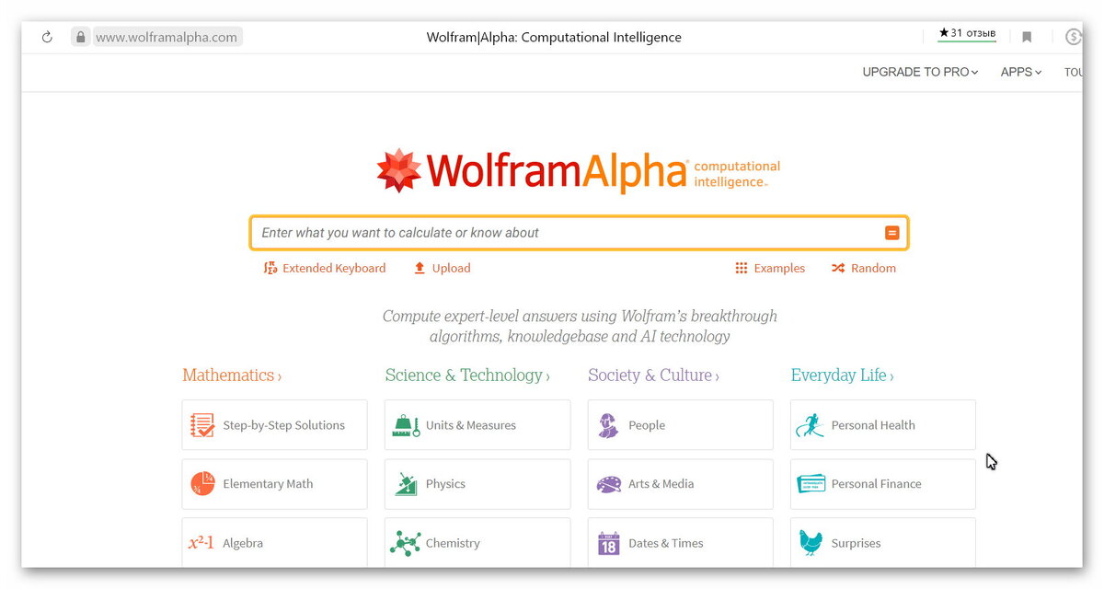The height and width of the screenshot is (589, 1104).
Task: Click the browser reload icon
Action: [47, 38]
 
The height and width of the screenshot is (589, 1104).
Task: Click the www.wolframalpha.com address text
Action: [167, 38]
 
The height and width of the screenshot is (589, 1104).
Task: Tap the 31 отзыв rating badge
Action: [966, 34]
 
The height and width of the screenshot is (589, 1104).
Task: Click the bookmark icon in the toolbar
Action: [1027, 38]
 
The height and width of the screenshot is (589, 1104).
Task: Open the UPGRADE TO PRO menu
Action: [920, 72]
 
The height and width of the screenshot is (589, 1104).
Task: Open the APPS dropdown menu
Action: [1021, 72]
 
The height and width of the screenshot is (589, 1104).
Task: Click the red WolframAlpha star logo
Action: [399, 170]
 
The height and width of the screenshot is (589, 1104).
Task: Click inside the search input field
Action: [570, 233]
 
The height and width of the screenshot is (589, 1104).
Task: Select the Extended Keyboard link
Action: [325, 269]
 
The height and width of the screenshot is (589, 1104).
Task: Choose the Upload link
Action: [442, 269]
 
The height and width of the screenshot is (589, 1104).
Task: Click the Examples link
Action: [770, 269]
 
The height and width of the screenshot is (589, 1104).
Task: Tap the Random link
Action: [864, 269]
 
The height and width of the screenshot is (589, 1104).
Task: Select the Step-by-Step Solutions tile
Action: [274, 425]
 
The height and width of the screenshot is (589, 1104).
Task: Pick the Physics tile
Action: [477, 484]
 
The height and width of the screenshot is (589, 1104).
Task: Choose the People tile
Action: [680, 425]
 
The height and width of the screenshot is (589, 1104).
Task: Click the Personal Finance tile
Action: [882, 484]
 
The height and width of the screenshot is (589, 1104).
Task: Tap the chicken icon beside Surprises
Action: [811, 543]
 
